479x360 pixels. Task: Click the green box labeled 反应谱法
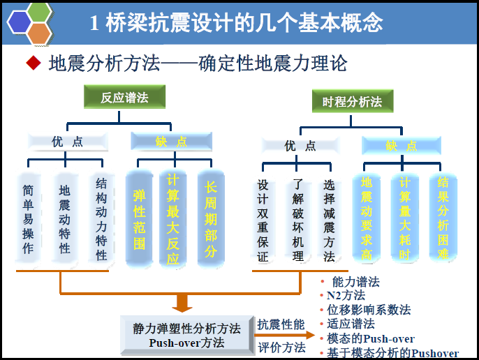(x=125, y=97)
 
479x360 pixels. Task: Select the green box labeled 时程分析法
(x=352, y=102)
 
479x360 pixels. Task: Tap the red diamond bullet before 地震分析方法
(x=33, y=64)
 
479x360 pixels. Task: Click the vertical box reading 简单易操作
(x=28, y=219)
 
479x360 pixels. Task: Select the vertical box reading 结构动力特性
(x=101, y=219)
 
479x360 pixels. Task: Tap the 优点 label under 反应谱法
(x=68, y=142)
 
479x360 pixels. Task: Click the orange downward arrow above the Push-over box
(x=183, y=302)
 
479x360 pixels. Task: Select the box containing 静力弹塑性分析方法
(x=186, y=335)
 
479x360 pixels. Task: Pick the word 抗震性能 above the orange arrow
(x=281, y=324)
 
